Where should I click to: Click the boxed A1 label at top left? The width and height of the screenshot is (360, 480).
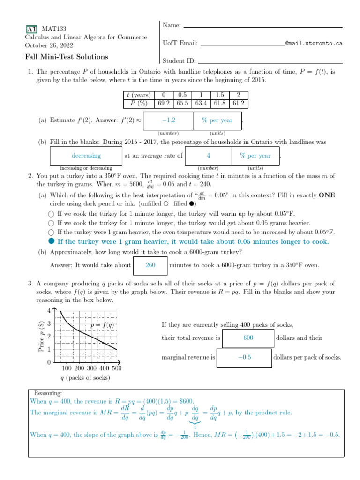pos(32,29)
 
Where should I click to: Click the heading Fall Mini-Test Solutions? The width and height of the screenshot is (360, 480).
pos(66,57)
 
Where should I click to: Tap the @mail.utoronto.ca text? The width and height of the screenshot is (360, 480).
pos(314,43)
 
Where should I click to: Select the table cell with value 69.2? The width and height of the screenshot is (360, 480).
pos(164,103)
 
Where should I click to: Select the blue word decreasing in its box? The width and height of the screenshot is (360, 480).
pos(86,156)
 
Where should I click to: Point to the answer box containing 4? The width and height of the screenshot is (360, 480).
pos(208,156)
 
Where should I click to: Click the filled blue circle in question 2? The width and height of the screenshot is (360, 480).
pos(51,241)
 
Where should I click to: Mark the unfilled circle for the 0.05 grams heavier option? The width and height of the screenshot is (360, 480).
pos(51,223)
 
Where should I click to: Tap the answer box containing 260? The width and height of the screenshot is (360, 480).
pos(150,265)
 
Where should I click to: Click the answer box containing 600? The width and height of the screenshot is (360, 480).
pos(248,337)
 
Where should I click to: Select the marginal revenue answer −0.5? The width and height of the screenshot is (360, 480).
pos(244,357)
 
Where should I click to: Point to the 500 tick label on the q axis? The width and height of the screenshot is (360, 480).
pos(116,368)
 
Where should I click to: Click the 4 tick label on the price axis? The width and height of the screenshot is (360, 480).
pos(49,310)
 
